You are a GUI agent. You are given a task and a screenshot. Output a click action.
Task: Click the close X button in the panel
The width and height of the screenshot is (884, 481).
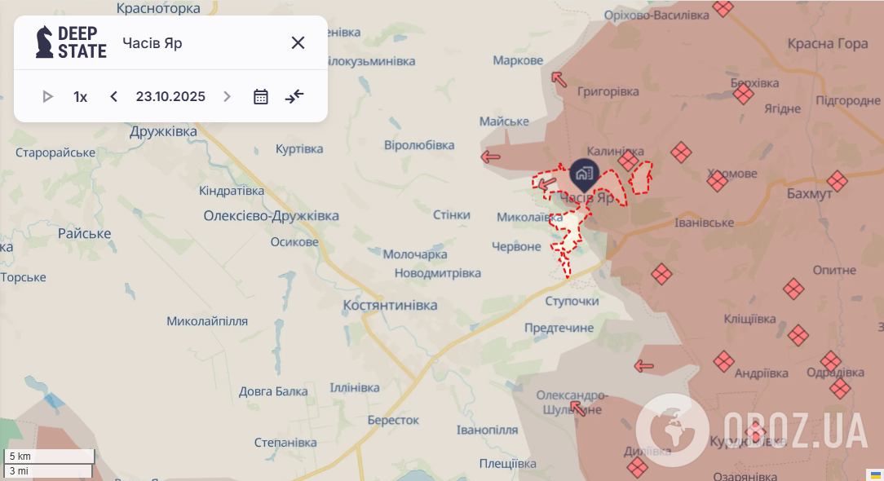(x=298, y=43)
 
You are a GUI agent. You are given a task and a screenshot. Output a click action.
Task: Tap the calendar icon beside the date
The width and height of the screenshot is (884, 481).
(x=261, y=97)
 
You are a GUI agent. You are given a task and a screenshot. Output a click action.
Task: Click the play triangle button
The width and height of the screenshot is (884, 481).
(x=47, y=97)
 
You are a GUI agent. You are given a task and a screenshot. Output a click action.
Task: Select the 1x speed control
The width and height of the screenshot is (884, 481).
(x=80, y=97)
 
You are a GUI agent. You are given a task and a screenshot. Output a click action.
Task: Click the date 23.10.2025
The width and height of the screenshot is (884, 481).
(x=170, y=97)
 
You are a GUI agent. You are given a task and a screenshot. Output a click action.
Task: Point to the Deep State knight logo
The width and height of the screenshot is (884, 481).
(x=44, y=42)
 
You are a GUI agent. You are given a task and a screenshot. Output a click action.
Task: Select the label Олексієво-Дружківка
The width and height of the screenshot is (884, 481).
(x=271, y=216)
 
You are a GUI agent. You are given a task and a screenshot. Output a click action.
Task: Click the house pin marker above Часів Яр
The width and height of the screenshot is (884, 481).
(x=584, y=173)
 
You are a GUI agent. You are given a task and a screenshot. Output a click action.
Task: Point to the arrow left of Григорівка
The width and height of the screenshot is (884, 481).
(x=559, y=78)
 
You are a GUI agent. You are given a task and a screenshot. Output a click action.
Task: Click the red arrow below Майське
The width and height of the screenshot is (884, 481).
(x=490, y=157)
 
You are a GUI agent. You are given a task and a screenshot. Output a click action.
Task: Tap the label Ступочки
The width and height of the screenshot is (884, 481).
(x=572, y=301)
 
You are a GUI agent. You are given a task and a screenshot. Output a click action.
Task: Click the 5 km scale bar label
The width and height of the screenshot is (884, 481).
(x=20, y=457)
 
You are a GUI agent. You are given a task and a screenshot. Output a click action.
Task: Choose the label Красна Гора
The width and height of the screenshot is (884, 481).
(x=828, y=44)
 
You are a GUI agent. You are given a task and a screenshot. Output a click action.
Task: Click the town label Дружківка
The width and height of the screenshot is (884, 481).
(x=163, y=131)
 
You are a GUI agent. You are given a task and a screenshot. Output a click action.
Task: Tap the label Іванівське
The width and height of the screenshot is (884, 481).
(x=704, y=223)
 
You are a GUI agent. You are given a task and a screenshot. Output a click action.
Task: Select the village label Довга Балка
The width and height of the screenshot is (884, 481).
(x=273, y=391)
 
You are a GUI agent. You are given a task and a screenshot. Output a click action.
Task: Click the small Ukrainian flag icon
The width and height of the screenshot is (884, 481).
(x=876, y=475)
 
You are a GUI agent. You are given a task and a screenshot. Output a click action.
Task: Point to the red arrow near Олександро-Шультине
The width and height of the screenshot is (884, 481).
(x=578, y=408)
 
